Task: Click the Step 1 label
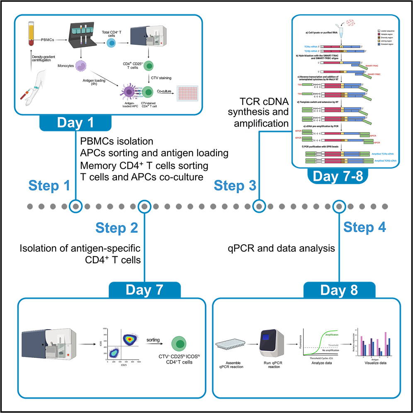point(49,186)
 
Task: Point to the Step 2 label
point(116,228)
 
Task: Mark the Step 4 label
point(364,228)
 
